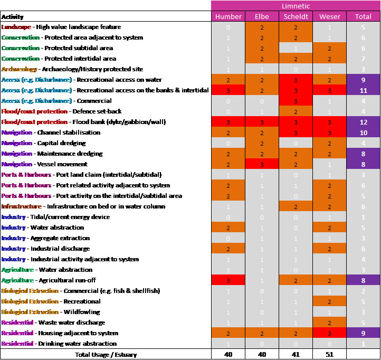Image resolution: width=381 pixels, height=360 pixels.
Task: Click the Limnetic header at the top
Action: point(296,6)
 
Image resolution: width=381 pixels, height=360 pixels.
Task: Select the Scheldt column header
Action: point(296,16)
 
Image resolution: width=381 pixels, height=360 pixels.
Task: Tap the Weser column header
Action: point(329,16)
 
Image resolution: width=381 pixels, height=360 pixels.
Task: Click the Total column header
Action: point(363,16)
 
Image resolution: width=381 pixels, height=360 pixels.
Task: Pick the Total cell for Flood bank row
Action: point(363,122)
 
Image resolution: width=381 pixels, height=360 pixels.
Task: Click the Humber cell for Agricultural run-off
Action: point(228,280)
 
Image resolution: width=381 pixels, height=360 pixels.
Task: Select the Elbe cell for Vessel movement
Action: point(262,164)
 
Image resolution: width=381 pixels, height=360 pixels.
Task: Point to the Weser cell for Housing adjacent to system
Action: point(329,333)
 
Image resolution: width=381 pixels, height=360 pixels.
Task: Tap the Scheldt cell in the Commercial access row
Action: point(296,101)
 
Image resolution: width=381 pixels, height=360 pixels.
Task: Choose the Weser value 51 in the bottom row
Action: point(329,354)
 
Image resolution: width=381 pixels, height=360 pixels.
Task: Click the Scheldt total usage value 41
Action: point(296,354)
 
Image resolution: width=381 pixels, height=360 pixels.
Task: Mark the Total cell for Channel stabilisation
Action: point(363,132)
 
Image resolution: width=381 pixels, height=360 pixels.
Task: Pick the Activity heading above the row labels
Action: point(13,17)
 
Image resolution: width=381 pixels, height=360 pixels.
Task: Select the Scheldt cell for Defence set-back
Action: point(296,111)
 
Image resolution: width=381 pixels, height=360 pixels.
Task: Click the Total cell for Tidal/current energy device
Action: point(363,217)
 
